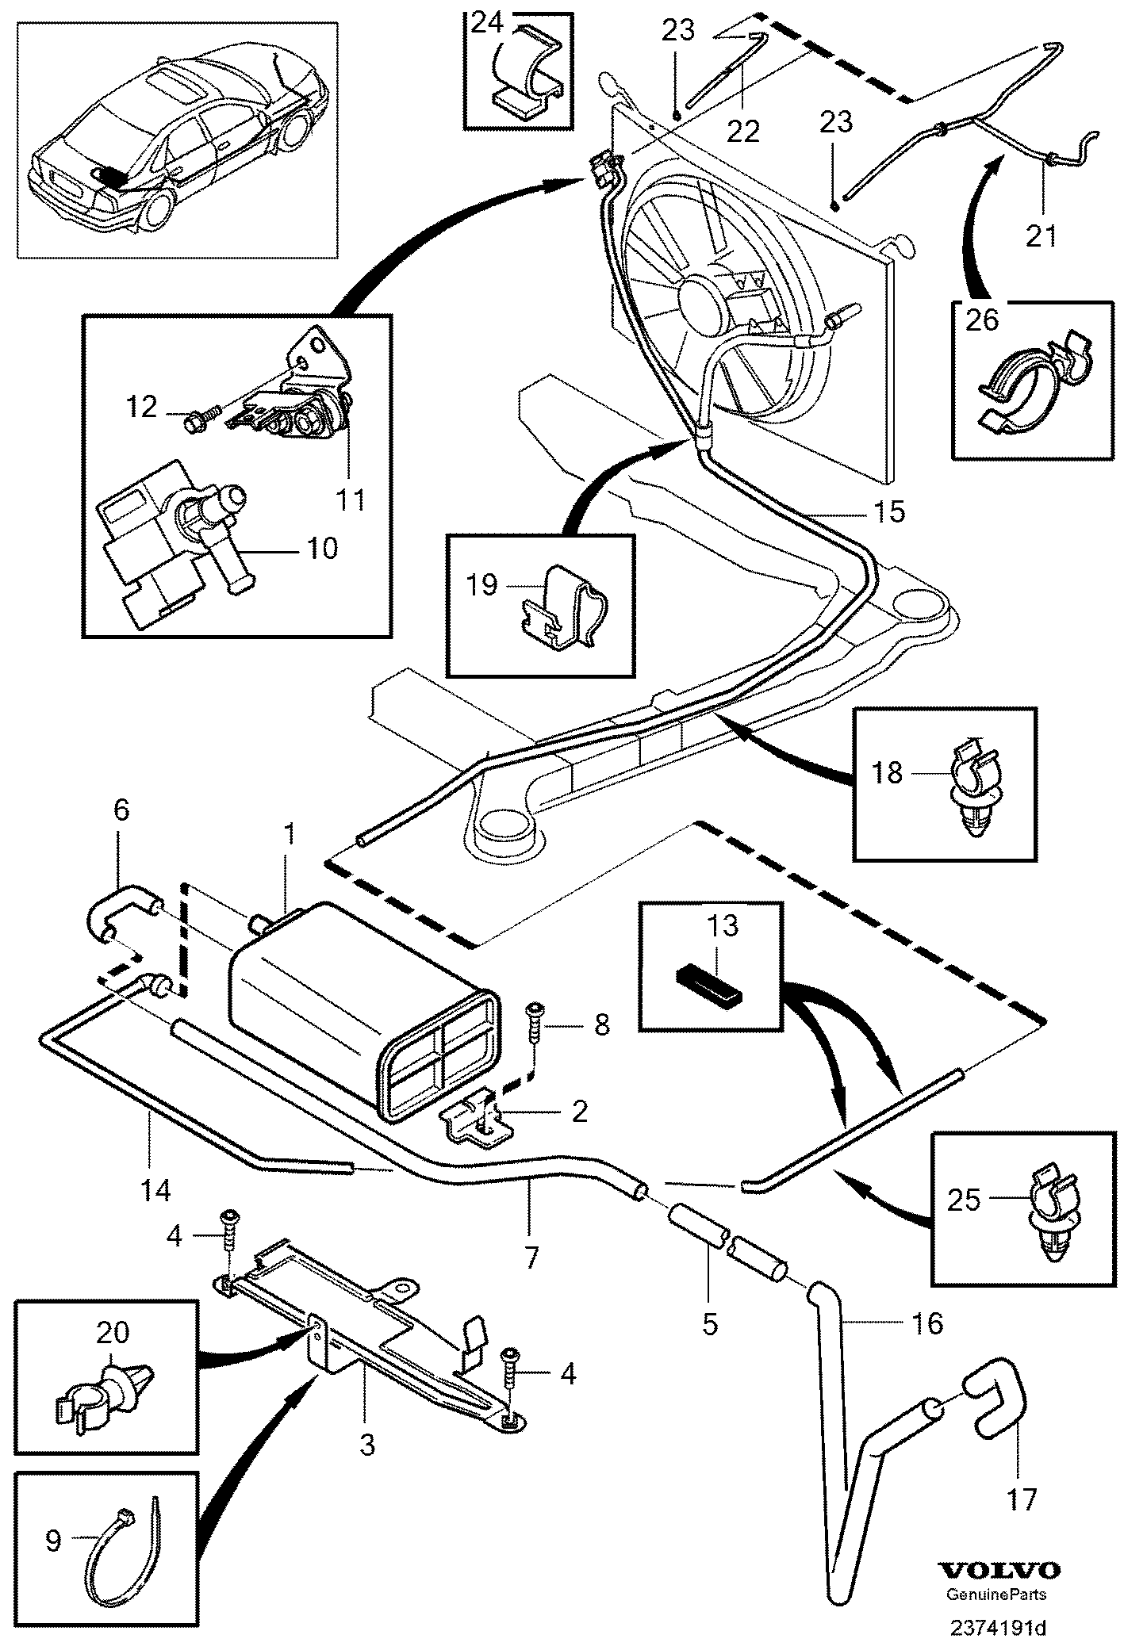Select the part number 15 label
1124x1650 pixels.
890,512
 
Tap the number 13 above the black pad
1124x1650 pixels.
723,926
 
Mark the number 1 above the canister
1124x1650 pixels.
290,835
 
